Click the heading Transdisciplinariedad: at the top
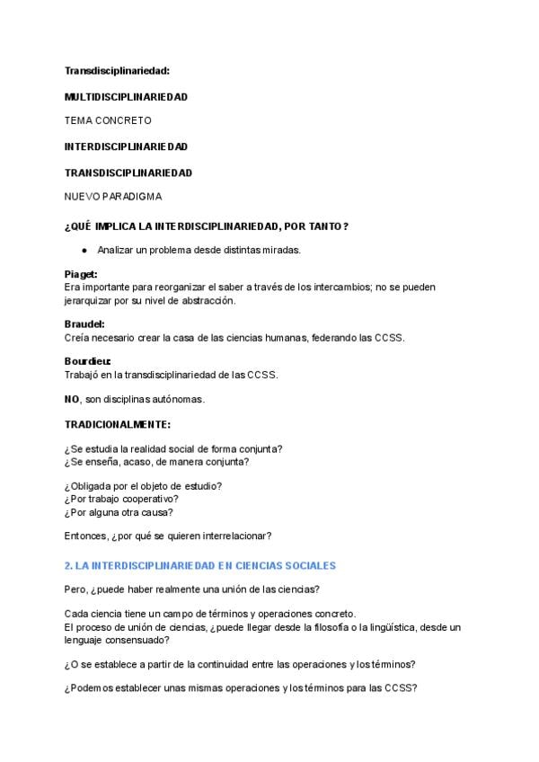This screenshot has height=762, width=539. pos(117,69)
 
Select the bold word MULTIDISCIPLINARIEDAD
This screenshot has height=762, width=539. pos(126,96)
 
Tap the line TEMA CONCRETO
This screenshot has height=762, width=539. pos(108,120)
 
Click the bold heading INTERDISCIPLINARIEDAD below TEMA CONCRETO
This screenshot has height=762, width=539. pos(126,146)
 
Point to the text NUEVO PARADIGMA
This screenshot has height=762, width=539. pos(113,196)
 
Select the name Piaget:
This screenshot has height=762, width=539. pos(81,274)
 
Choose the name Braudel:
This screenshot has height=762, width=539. pos(84,323)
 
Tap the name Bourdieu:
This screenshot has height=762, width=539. pos(88,361)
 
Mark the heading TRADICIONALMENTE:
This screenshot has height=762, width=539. pos(117,423)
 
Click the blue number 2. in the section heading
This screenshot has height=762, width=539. pos(68,565)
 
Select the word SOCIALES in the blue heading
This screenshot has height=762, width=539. pos(307,565)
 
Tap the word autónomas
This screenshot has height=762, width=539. pos(181,398)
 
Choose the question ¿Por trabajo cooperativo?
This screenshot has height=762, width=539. pos(121,499)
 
